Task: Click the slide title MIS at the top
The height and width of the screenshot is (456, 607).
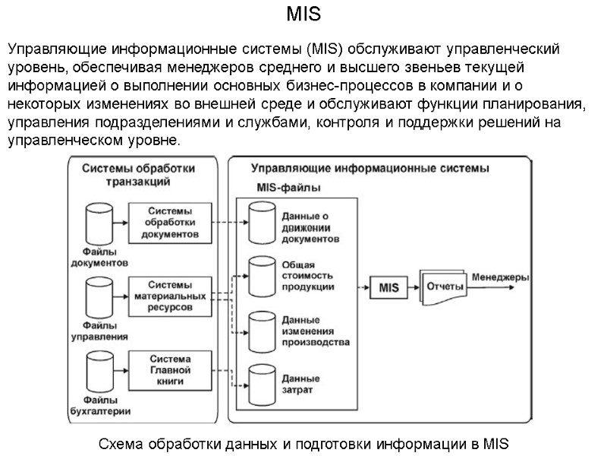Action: tap(303, 14)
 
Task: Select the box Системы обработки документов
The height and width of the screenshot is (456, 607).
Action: tap(169, 223)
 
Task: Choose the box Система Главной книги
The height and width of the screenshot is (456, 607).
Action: tap(169, 370)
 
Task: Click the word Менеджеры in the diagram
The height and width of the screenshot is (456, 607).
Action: tap(501, 277)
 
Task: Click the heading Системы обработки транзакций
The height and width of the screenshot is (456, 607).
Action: tap(138, 174)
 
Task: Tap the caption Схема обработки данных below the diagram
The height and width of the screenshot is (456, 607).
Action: tap(303, 443)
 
